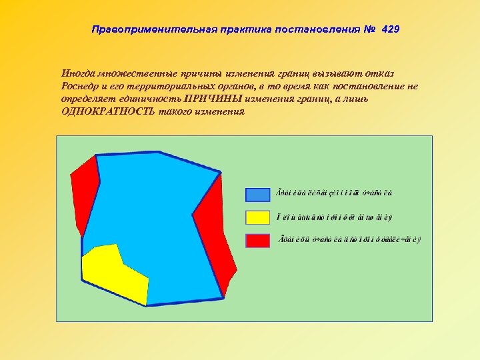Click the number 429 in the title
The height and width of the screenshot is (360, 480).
coord(390,30)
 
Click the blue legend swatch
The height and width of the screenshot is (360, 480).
coord(257,194)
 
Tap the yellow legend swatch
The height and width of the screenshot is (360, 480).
coord(257,217)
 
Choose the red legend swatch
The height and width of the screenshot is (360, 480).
coord(257,240)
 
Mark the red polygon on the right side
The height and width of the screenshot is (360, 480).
coord(217,233)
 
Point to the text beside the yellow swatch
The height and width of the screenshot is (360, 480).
coord(335,217)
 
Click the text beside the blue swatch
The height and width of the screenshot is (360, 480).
coord(334,194)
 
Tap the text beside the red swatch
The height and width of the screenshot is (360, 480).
coord(350,240)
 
